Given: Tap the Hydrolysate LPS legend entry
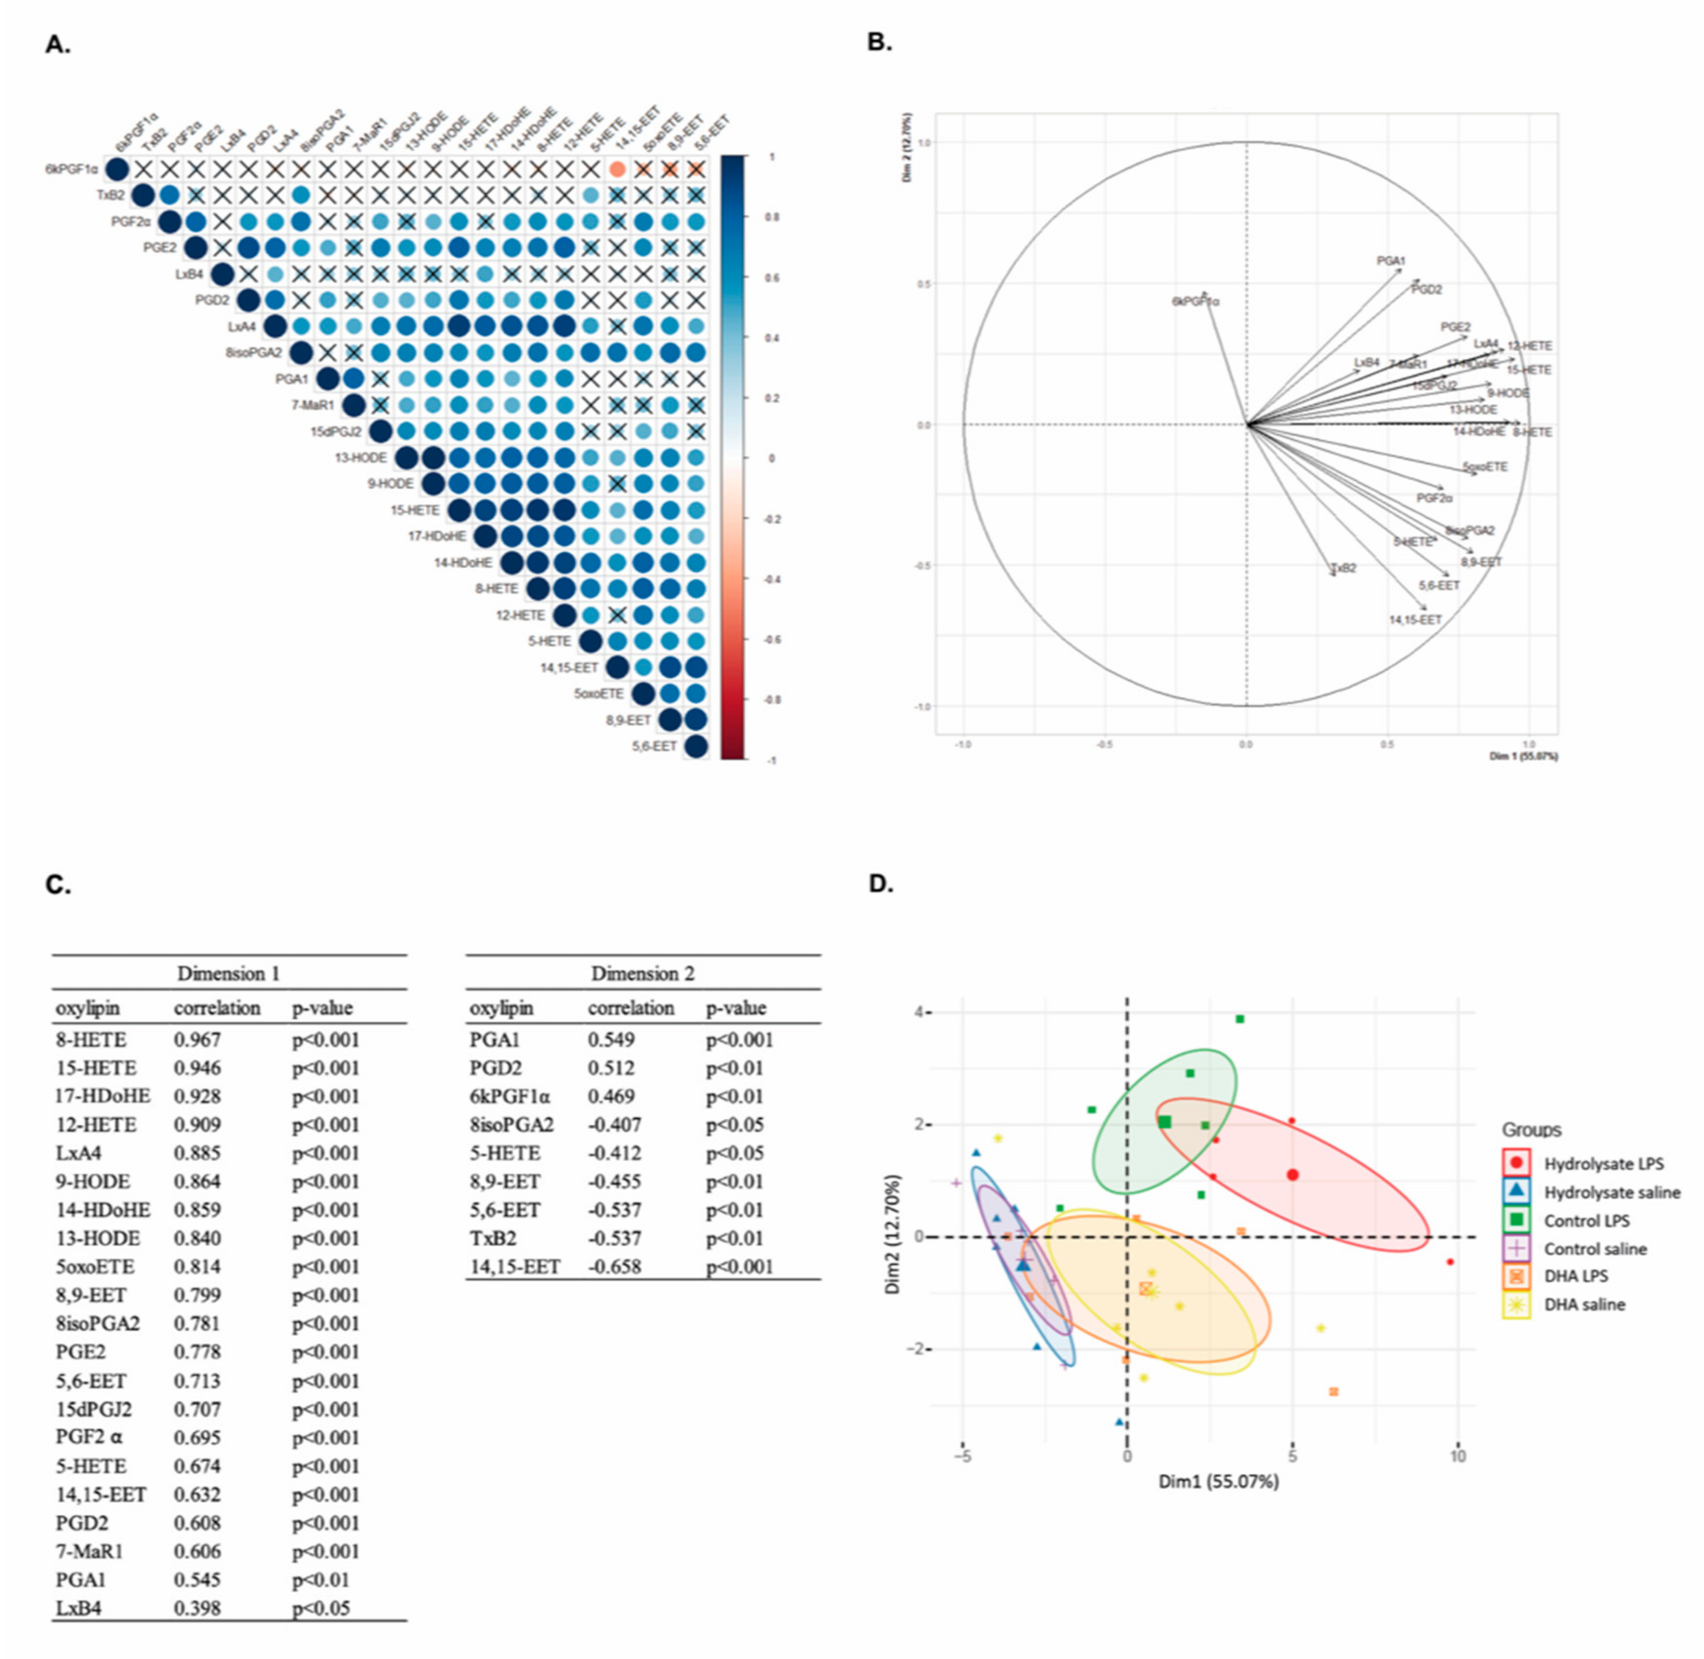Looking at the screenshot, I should [x=1603, y=1163].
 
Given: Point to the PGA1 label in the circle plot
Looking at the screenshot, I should [x=1390, y=261].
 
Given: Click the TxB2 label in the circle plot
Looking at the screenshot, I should [x=1344, y=568].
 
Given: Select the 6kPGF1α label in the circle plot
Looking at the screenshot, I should [x=1195, y=302].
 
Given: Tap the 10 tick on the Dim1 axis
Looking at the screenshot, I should [x=1458, y=1456].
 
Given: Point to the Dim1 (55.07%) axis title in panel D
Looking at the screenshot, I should [x=1218, y=1481].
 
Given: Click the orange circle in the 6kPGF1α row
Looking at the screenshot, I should [x=618, y=169].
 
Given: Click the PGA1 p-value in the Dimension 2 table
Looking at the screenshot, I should [x=739, y=1039].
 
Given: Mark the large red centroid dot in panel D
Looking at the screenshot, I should [x=1293, y=1175].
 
